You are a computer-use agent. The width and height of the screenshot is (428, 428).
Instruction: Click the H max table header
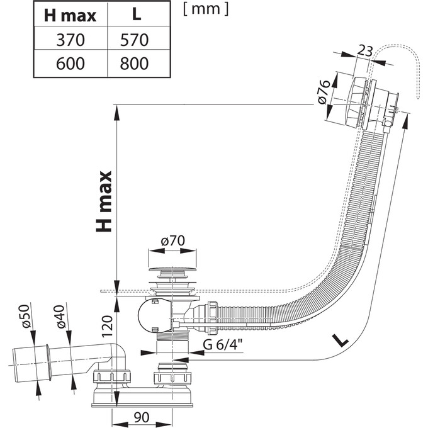tap(69, 14)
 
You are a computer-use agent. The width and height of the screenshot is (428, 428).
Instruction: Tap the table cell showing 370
tap(69, 40)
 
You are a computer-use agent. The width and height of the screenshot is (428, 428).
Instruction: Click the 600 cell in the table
tap(69, 63)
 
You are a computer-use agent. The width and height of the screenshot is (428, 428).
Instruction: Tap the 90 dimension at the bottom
tap(142, 417)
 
